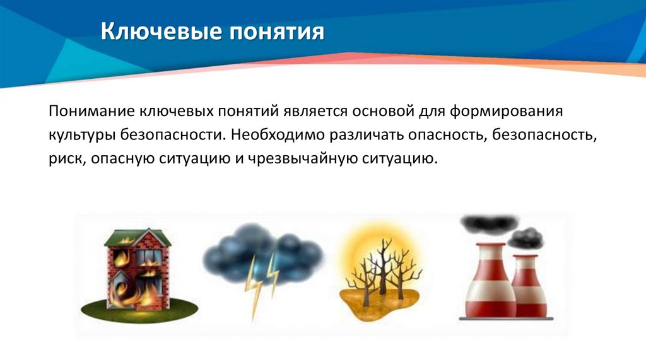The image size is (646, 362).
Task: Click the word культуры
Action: tap(78, 134)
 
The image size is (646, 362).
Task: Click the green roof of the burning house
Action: tap(138, 238)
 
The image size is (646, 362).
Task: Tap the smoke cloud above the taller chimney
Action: tap(489, 224)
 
